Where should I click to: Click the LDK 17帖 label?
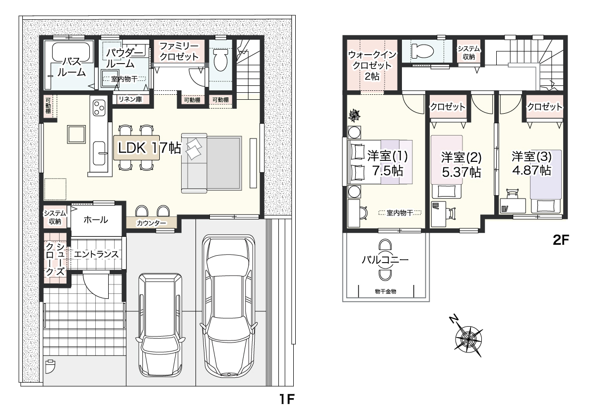tap(149, 148)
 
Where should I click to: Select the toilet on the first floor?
tap(220, 61)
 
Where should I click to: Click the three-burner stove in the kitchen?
tap(99, 107)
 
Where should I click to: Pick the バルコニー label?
tap(385, 260)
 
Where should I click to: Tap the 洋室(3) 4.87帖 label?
tap(531, 163)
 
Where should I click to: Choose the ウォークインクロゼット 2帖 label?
tap(372, 65)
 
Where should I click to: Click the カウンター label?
tap(151, 223)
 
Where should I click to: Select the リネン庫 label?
tap(130, 99)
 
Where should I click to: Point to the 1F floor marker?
tap(287, 399)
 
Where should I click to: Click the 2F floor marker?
tap(560, 240)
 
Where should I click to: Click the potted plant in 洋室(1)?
tap(355, 115)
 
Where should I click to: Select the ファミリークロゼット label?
tap(179, 51)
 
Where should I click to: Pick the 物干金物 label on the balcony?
tap(386, 291)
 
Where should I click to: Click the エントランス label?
tap(96, 254)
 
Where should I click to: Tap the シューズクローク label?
tap(55, 259)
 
